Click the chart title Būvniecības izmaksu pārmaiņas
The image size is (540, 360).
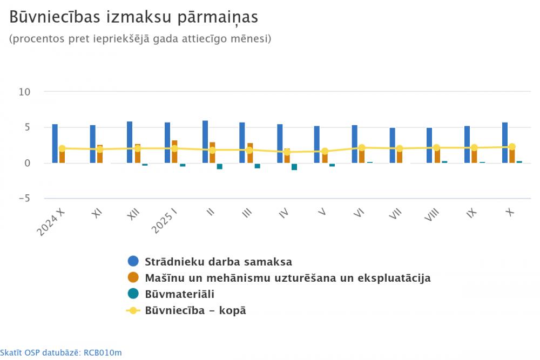click(x=134, y=17)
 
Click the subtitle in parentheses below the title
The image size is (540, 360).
click(x=140, y=39)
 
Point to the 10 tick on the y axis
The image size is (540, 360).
click(x=24, y=92)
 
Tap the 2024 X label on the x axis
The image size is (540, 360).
click(x=51, y=221)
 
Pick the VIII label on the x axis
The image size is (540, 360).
click(x=431, y=219)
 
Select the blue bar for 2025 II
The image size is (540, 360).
click(x=205, y=141)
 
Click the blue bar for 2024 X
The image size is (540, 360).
click(x=55, y=143)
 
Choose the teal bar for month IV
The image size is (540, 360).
click(x=294, y=166)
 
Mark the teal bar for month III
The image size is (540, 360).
click(x=258, y=166)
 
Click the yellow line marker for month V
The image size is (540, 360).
click(x=325, y=152)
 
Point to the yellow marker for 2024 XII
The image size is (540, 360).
click(x=137, y=148)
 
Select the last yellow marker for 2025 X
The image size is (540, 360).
click(x=512, y=147)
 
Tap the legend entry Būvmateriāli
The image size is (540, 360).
click(x=179, y=294)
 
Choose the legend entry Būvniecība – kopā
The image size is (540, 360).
click(x=195, y=310)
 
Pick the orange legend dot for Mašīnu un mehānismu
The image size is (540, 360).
click(x=133, y=278)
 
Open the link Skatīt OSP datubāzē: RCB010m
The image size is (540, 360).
click(x=61, y=353)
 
